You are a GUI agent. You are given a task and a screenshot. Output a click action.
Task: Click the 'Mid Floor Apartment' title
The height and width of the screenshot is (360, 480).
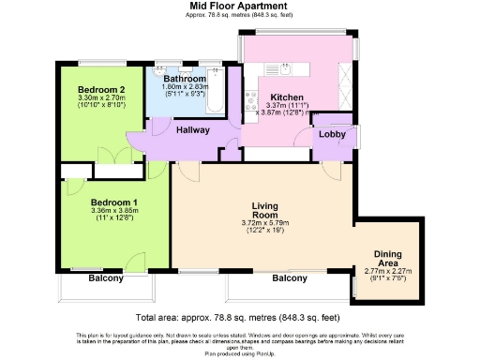pos(238,5)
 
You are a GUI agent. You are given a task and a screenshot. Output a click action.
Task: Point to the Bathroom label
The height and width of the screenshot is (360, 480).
pos(184,79)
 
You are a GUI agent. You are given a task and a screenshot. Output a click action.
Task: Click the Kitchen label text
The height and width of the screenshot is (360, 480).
pos(283,97)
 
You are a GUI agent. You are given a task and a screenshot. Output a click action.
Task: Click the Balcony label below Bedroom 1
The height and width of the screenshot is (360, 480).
pos(106,278)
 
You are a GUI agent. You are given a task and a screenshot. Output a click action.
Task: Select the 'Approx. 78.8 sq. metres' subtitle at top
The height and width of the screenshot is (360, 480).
pos(238,14)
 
